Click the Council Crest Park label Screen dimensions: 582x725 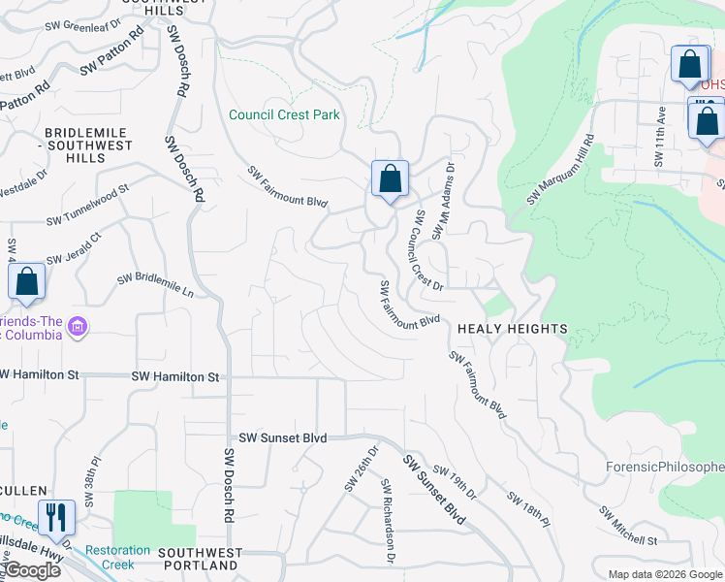[x=284, y=114]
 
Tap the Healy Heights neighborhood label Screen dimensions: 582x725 [x=512, y=329]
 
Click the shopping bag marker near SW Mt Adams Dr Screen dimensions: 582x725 [x=390, y=180]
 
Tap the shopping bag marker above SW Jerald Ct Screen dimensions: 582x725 [x=27, y=282]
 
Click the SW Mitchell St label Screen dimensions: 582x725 [x=627, y=526]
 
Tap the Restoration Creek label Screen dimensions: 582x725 [x=117, y=557]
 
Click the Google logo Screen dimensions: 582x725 [x=31, y=570]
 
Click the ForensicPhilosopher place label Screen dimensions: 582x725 [x=664, y=468]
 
